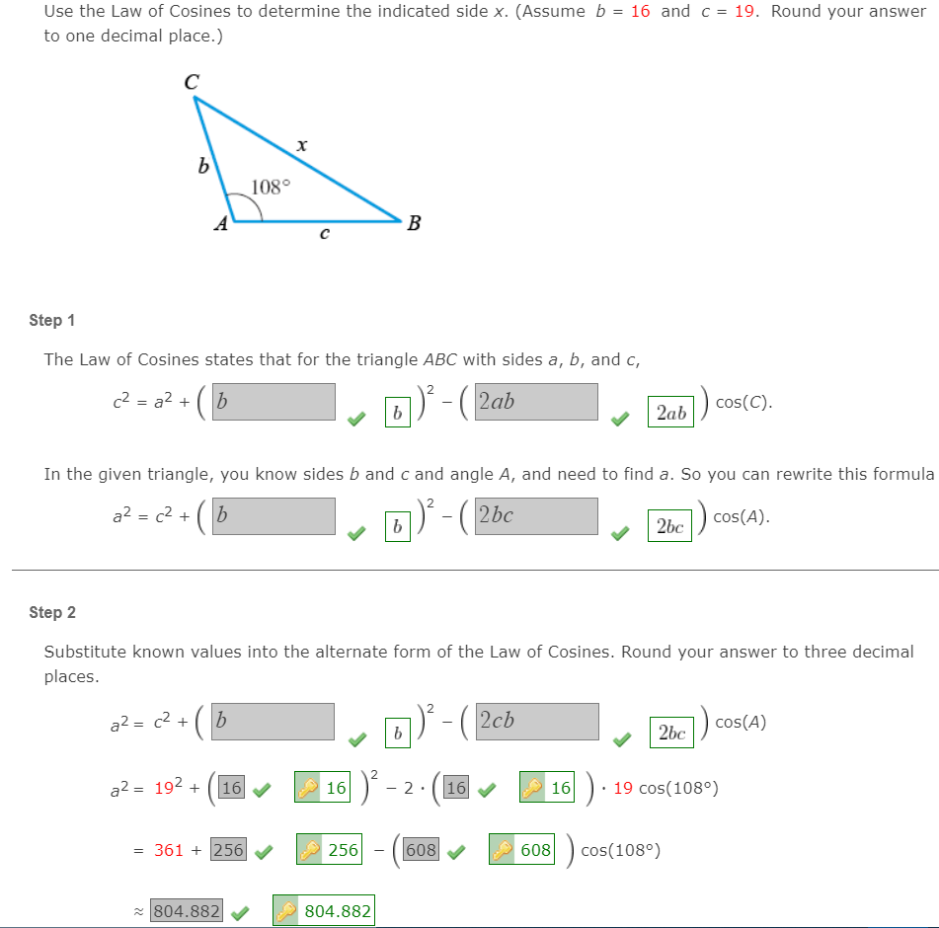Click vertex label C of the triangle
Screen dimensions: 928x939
(x=191, y=84)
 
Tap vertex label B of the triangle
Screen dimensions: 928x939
(x=414, y=223)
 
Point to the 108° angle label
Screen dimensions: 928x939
(x=271, y=187)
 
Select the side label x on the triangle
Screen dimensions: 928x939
(x=301, y=146)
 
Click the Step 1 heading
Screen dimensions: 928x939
(x=52, y=320)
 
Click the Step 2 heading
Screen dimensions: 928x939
(x=52, y=612)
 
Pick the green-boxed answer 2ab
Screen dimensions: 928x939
(x=670, y=413)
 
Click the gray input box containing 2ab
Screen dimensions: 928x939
(x=536, y=402)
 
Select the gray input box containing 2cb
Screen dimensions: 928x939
(x=536, y=722)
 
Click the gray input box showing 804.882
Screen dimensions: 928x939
(x=187, y=911)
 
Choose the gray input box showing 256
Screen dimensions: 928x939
(x=228, y=849)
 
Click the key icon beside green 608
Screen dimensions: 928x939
(x=504, y=850)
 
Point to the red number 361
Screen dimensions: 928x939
(x=169, y=850)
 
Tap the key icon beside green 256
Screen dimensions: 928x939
(x=311, y=850)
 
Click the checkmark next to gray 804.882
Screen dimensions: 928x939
(x=239, y=913)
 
